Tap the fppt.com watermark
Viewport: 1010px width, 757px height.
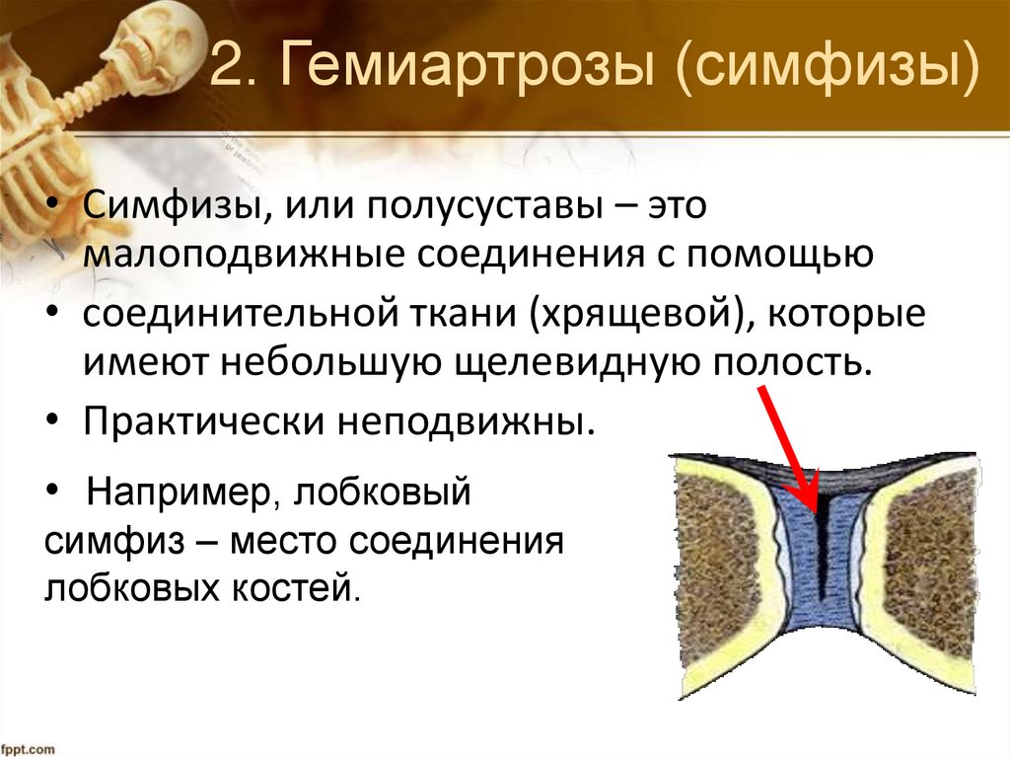click(x=29, y=747)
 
